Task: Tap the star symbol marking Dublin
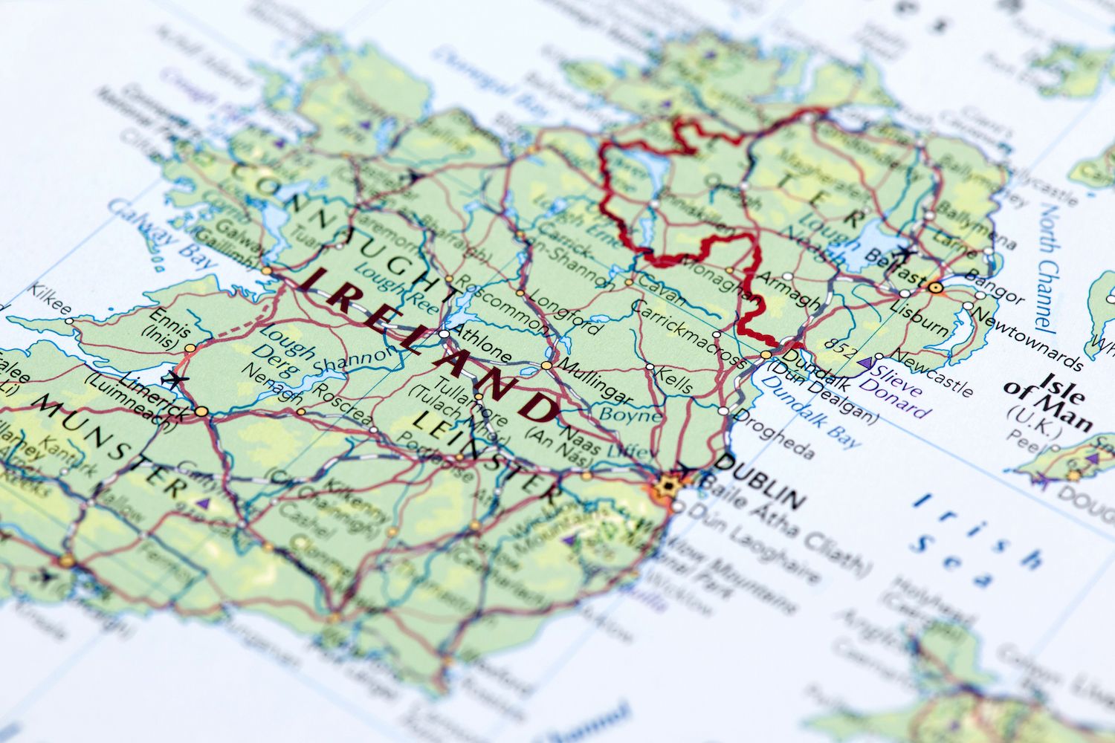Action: (x=668, y=486)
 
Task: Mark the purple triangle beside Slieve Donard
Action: (x=864, y=364)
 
